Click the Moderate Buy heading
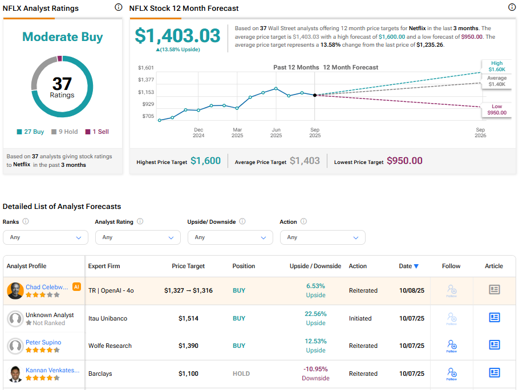click(x=62, y=37)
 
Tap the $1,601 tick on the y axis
click(x=146, y=68)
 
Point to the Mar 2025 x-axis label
click(x=237, y=133)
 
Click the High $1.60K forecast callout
click(x=497, y=66)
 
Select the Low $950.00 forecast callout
click(x=497, y=110)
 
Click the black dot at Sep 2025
click(x=315, y=95)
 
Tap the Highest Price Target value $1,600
click(x=205, y=161)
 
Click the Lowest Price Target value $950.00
click(x=404, y=161)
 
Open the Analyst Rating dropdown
click(x=137, y=237)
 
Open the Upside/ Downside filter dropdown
click(x=230, y=237)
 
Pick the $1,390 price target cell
click(x=188, y=346)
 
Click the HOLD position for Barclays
click(x=241, y=373)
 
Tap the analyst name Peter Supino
click(x=43, y=342)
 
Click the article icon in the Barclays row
click(x=494, y=373)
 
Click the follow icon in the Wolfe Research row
click(x=452, y=346)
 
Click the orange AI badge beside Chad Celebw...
click(x=76, y=287)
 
